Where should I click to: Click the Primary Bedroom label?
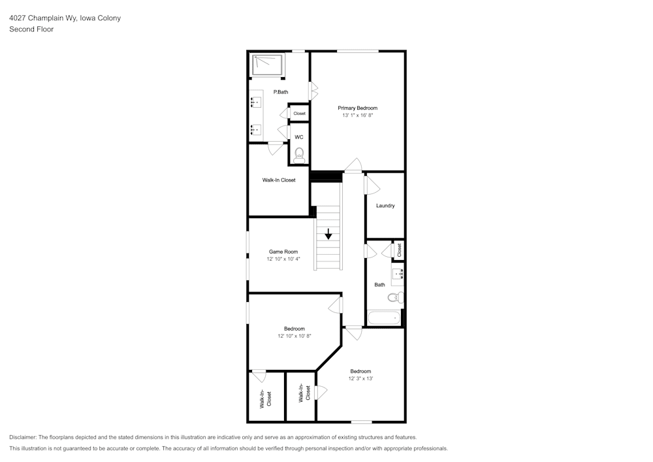(x=357, y=108)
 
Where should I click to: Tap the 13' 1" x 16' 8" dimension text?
(x=357, y=116)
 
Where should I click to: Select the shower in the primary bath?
(x=267, y=65)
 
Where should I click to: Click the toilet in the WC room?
(x=299, y=156)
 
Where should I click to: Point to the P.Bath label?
(x=281, y=92)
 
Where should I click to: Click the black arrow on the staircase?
(x=328, y=234)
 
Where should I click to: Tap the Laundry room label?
(x=385, y=205)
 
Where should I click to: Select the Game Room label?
(x=283, y=252)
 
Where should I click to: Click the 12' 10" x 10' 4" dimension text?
(x=283, y=259)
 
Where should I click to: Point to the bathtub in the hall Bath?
(x=385, y=318)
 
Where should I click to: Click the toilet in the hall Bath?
(x=396, y=297)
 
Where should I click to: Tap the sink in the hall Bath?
(x=398, y=274)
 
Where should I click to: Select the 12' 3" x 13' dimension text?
(x=360, y=378)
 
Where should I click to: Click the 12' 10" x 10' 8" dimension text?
(x=295, y=336)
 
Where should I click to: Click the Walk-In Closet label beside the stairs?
(x=279, y=180)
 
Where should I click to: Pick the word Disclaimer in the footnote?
(x=23, y=437)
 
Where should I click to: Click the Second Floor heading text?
(x=31, y=29)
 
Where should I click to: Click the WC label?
(x=299, y=137)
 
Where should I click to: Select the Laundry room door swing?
(x=373, y=184)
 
